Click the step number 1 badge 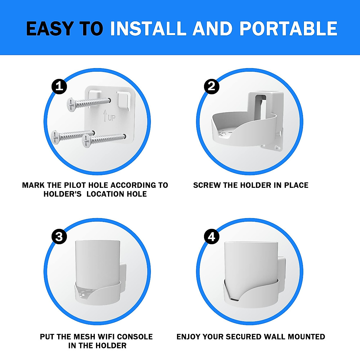[x=59, y=86]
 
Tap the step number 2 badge [x=211, y=86]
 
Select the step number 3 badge [x=59, y=237]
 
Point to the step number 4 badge [x=211, y=237]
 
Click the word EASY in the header [x=49, y=29]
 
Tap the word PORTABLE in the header [x=288, y=29]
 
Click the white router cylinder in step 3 [x=97, y=261]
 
